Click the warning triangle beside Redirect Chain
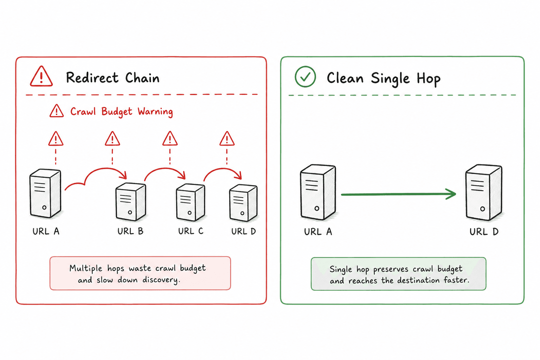(x=41, y=76)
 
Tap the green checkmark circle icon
(x=305, y=77)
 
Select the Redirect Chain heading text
(x=113, y=78)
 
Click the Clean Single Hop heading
(x=384, y=79)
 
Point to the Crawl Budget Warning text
(x=122, y=112)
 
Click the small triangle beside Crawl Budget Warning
(x=57, y=111)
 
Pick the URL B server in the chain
(x=131, y=202)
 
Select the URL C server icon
(x=191, y=202)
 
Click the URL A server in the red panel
(x=45, y=193)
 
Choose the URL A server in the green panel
(x=318, y=192)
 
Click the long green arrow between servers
(x=398, y=194)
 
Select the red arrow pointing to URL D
(x=223, y=174)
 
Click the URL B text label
(x=130, y=231)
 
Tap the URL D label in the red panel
(x=244, y=231)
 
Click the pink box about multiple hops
(x=140, y=273)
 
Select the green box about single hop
(x=398, y=274)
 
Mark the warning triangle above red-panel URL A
(x=56, y=139)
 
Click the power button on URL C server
(x=189, y=213)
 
